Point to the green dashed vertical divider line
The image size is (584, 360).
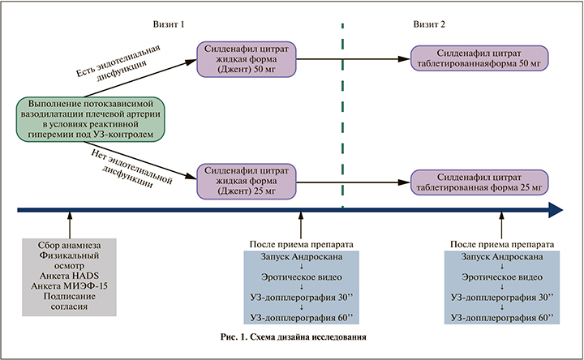(342, 122)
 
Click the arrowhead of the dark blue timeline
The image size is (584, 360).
(556, 209)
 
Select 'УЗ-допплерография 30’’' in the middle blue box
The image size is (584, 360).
(300, 297)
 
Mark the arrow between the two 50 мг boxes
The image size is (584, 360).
(353, 58)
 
